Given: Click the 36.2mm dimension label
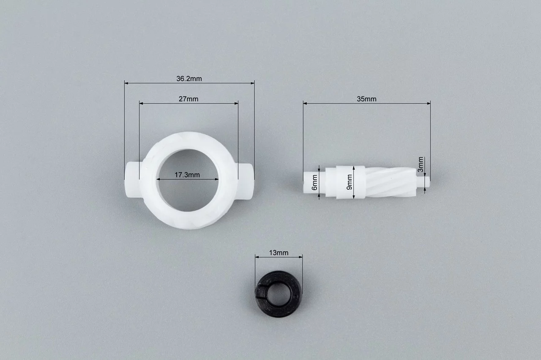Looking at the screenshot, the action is point(189,79).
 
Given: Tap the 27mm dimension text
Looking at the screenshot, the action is point(189,99).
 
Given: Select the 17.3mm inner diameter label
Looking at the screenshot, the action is point(187,175).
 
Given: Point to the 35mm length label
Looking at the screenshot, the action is point(366,99).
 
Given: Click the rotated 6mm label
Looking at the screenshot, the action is point(314,182).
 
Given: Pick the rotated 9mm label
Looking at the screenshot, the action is point(350,182).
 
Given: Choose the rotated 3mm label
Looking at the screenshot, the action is point(421,165).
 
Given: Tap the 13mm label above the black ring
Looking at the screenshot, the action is point(279,253).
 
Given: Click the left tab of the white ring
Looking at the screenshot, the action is point(132,180).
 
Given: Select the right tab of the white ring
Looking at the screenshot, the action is point(244,181).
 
